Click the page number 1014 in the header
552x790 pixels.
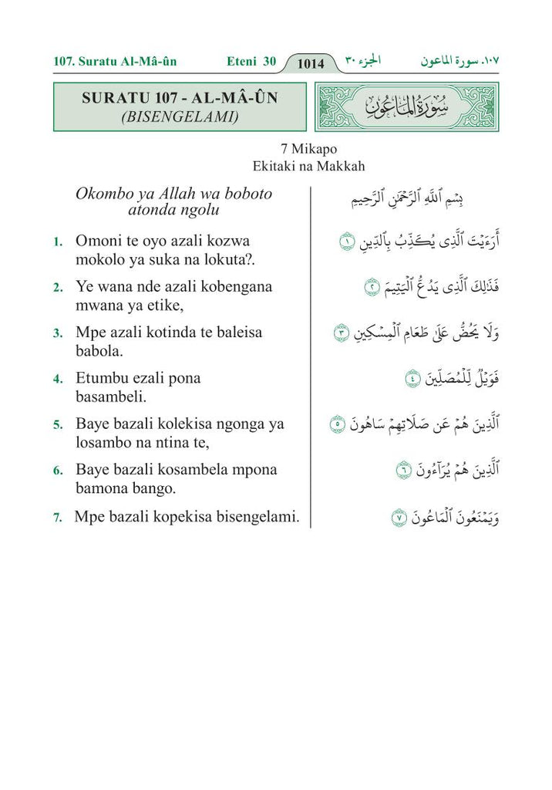(x=311, y=63)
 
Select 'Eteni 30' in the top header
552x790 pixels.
(x=252, y=61)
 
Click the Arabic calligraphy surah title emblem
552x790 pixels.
(x=407, y=107)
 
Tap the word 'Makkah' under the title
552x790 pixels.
(x=342, y=165)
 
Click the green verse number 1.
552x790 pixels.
(x=58, y=242)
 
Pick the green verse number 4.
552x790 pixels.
(x=58, y=380)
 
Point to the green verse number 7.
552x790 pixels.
(x=58, y=518)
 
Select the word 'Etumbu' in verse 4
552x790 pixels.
(x=100, y=378)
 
